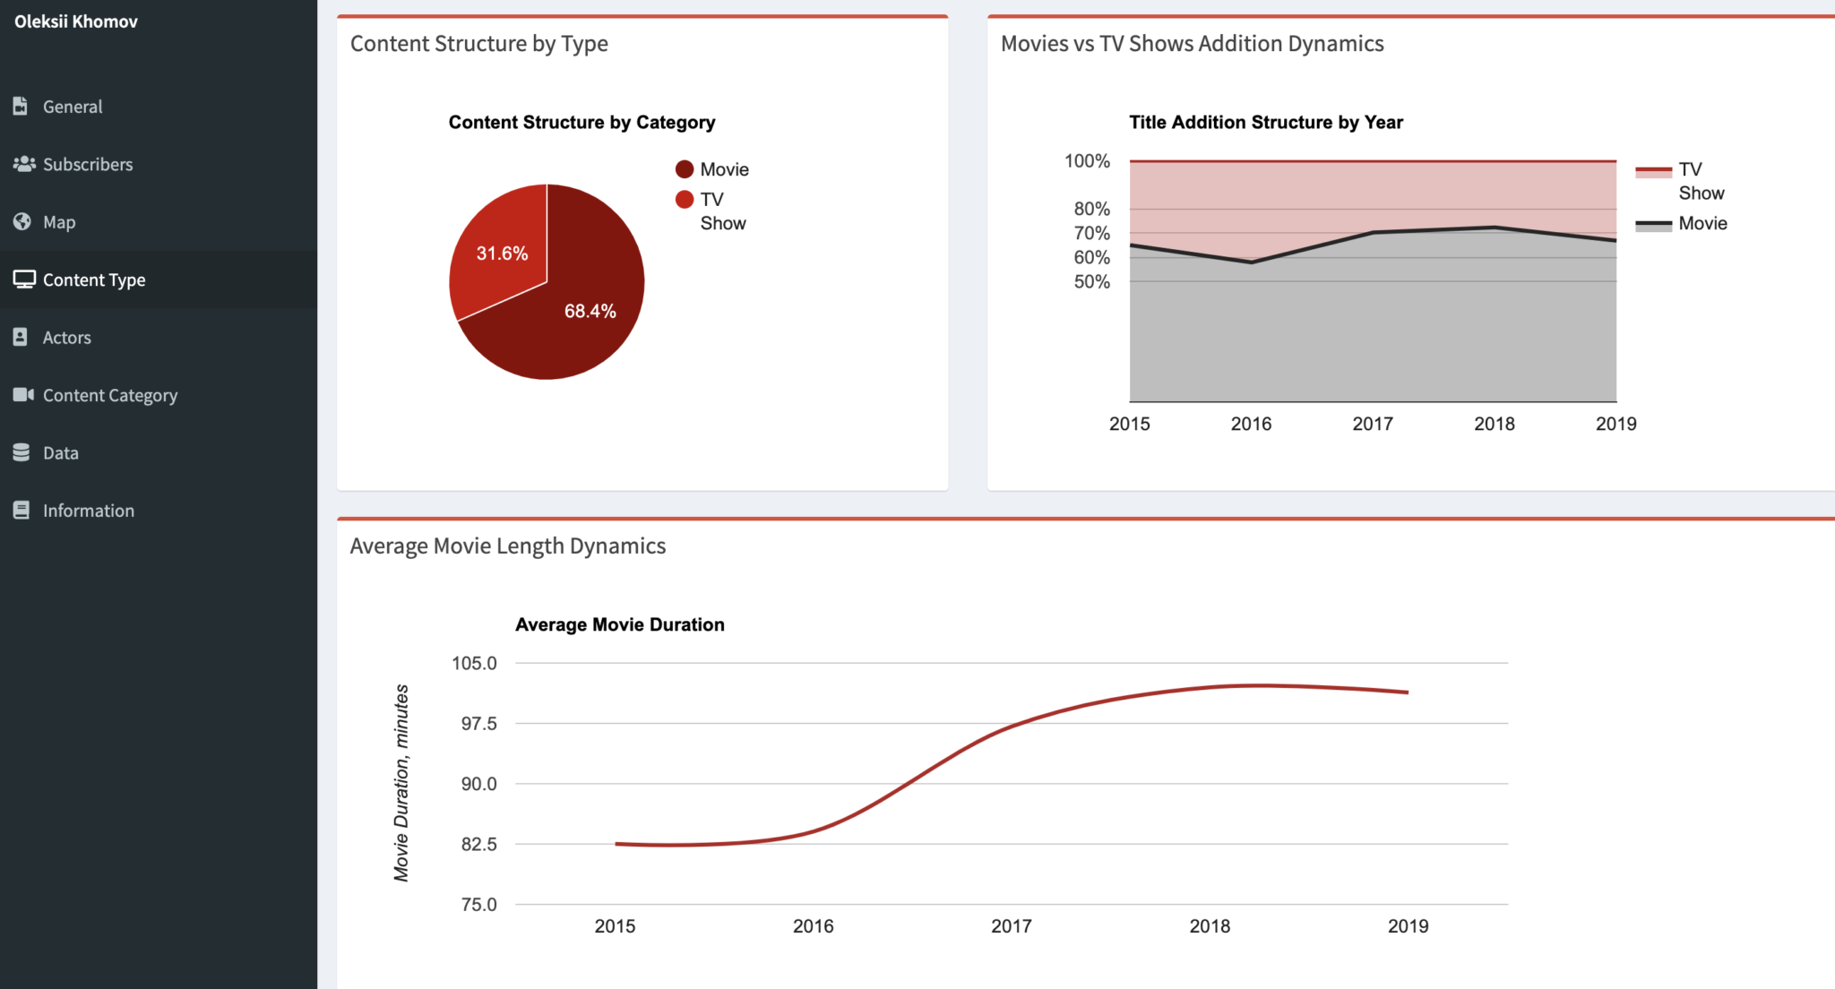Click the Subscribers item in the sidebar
point(87,165)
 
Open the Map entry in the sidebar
point(58,222)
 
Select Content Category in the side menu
point(109,395)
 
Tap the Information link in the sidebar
point(88,511)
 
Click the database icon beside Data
point(22,452)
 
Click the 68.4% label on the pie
point(590,311)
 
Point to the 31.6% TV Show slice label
point(502,254)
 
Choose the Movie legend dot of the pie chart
point(685,169)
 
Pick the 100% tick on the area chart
point(1087,161)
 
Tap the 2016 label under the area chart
point(1251,424)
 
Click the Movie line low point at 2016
point(1251,262)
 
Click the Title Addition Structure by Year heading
point(1265,123)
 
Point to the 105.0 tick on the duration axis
point(473,663)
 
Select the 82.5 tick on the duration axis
point(478,844)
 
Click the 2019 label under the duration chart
point(1408,926)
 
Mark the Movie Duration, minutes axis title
point(401,783)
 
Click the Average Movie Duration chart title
point(619,625)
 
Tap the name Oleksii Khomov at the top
point(76,21)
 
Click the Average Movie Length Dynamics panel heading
point(507,546)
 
